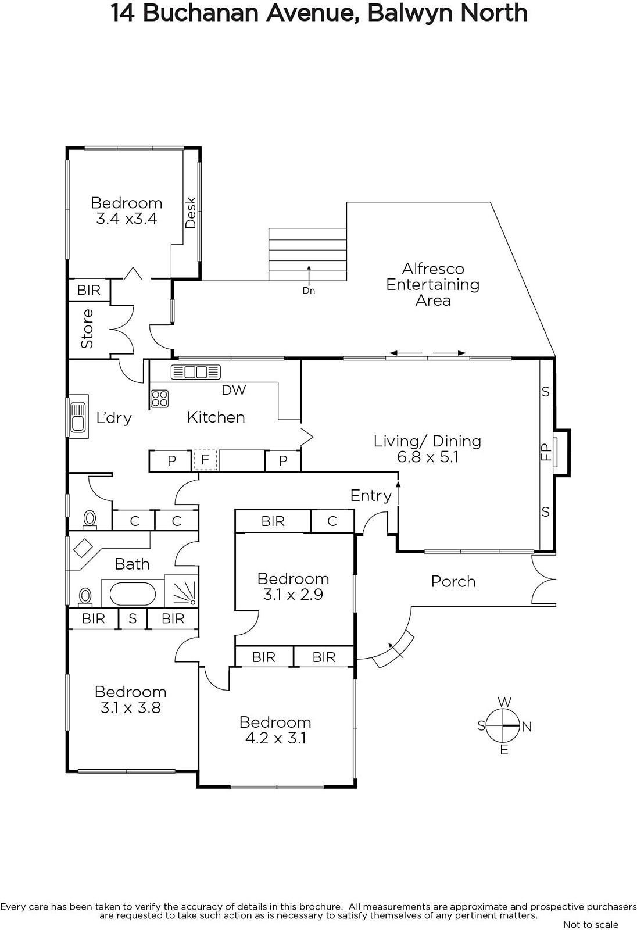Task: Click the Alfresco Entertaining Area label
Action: tap(432, 284)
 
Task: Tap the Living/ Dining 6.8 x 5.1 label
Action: tap(427, 449)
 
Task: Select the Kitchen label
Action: tap(216, 417)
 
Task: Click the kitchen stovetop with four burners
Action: tap(159, 399)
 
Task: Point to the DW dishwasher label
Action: tap(234, 390)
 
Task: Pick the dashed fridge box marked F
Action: tap(205, 460)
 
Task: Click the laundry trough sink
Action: tap(78, 417)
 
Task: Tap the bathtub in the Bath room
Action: tap(133, 593)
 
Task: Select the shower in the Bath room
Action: tap(181, 592)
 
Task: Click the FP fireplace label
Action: tap(546, 452)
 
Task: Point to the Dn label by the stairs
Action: tap(309, 291)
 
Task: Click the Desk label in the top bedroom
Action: tap(191, 213)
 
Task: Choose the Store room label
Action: tap(87, 329)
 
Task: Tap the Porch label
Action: tap(453, 582)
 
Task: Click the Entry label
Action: tap(371, 496)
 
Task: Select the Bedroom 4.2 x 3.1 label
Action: tap(275, 730)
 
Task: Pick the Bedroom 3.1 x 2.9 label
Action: tap(293, 586)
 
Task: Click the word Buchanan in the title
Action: tap(201, 13)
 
